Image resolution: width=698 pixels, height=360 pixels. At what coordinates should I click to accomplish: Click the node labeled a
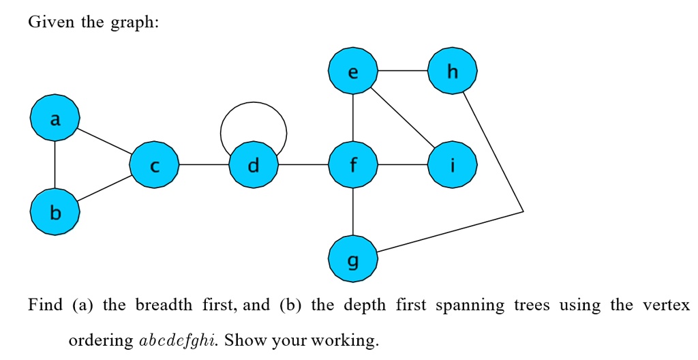[55, 119]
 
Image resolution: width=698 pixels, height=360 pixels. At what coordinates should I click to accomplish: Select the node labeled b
[55, 213]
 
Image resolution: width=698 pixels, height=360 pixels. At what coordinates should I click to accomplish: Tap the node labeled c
[155, 165]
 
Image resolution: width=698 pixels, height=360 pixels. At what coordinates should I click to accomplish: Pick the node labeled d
[254, 165]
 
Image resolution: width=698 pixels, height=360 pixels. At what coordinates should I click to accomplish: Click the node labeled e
[352, 71]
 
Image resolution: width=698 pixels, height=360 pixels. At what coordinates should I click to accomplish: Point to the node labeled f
[352, 165]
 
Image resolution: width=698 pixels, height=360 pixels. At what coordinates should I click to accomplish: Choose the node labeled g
[352, 259]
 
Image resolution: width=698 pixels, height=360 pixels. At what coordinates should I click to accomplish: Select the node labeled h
[452, 71]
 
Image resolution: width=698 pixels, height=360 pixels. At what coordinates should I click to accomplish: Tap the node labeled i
[452, 165]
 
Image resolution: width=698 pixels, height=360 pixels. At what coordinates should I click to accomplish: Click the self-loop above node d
[253, 103]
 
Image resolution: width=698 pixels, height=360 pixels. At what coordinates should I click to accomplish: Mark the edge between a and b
[55, 166]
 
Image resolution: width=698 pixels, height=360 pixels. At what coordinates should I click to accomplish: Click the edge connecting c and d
[204, 165]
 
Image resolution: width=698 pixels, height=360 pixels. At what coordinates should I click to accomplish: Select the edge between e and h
[402, 71]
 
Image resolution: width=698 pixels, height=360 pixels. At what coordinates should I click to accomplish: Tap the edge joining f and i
[402, 165]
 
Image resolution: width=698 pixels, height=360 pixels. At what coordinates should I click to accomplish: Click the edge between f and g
[352, 212]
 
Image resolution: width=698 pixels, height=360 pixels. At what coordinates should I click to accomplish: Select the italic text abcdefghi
[177, 340]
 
